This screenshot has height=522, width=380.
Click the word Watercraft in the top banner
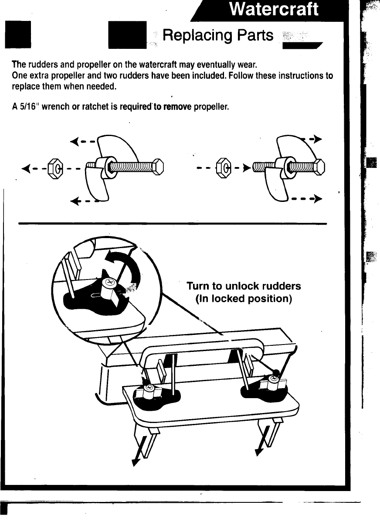point(275,10)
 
